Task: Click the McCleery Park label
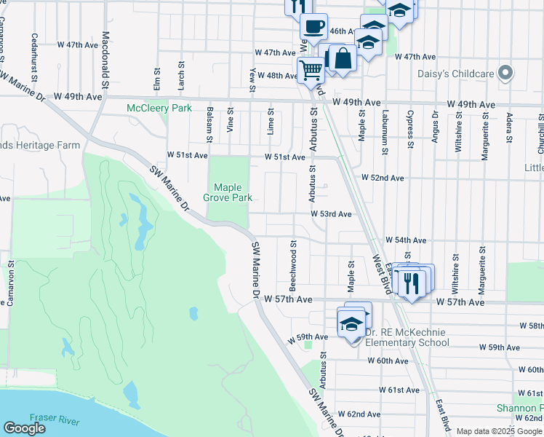pos(159,109)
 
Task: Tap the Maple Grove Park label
pos(231,191)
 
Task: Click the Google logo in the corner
pos(24,428)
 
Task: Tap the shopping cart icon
pos(311,71)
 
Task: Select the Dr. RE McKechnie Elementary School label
pos(407,337)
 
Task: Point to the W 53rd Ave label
pos(331,214)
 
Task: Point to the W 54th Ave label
pos(406,240)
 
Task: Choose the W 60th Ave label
pos(388,361)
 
